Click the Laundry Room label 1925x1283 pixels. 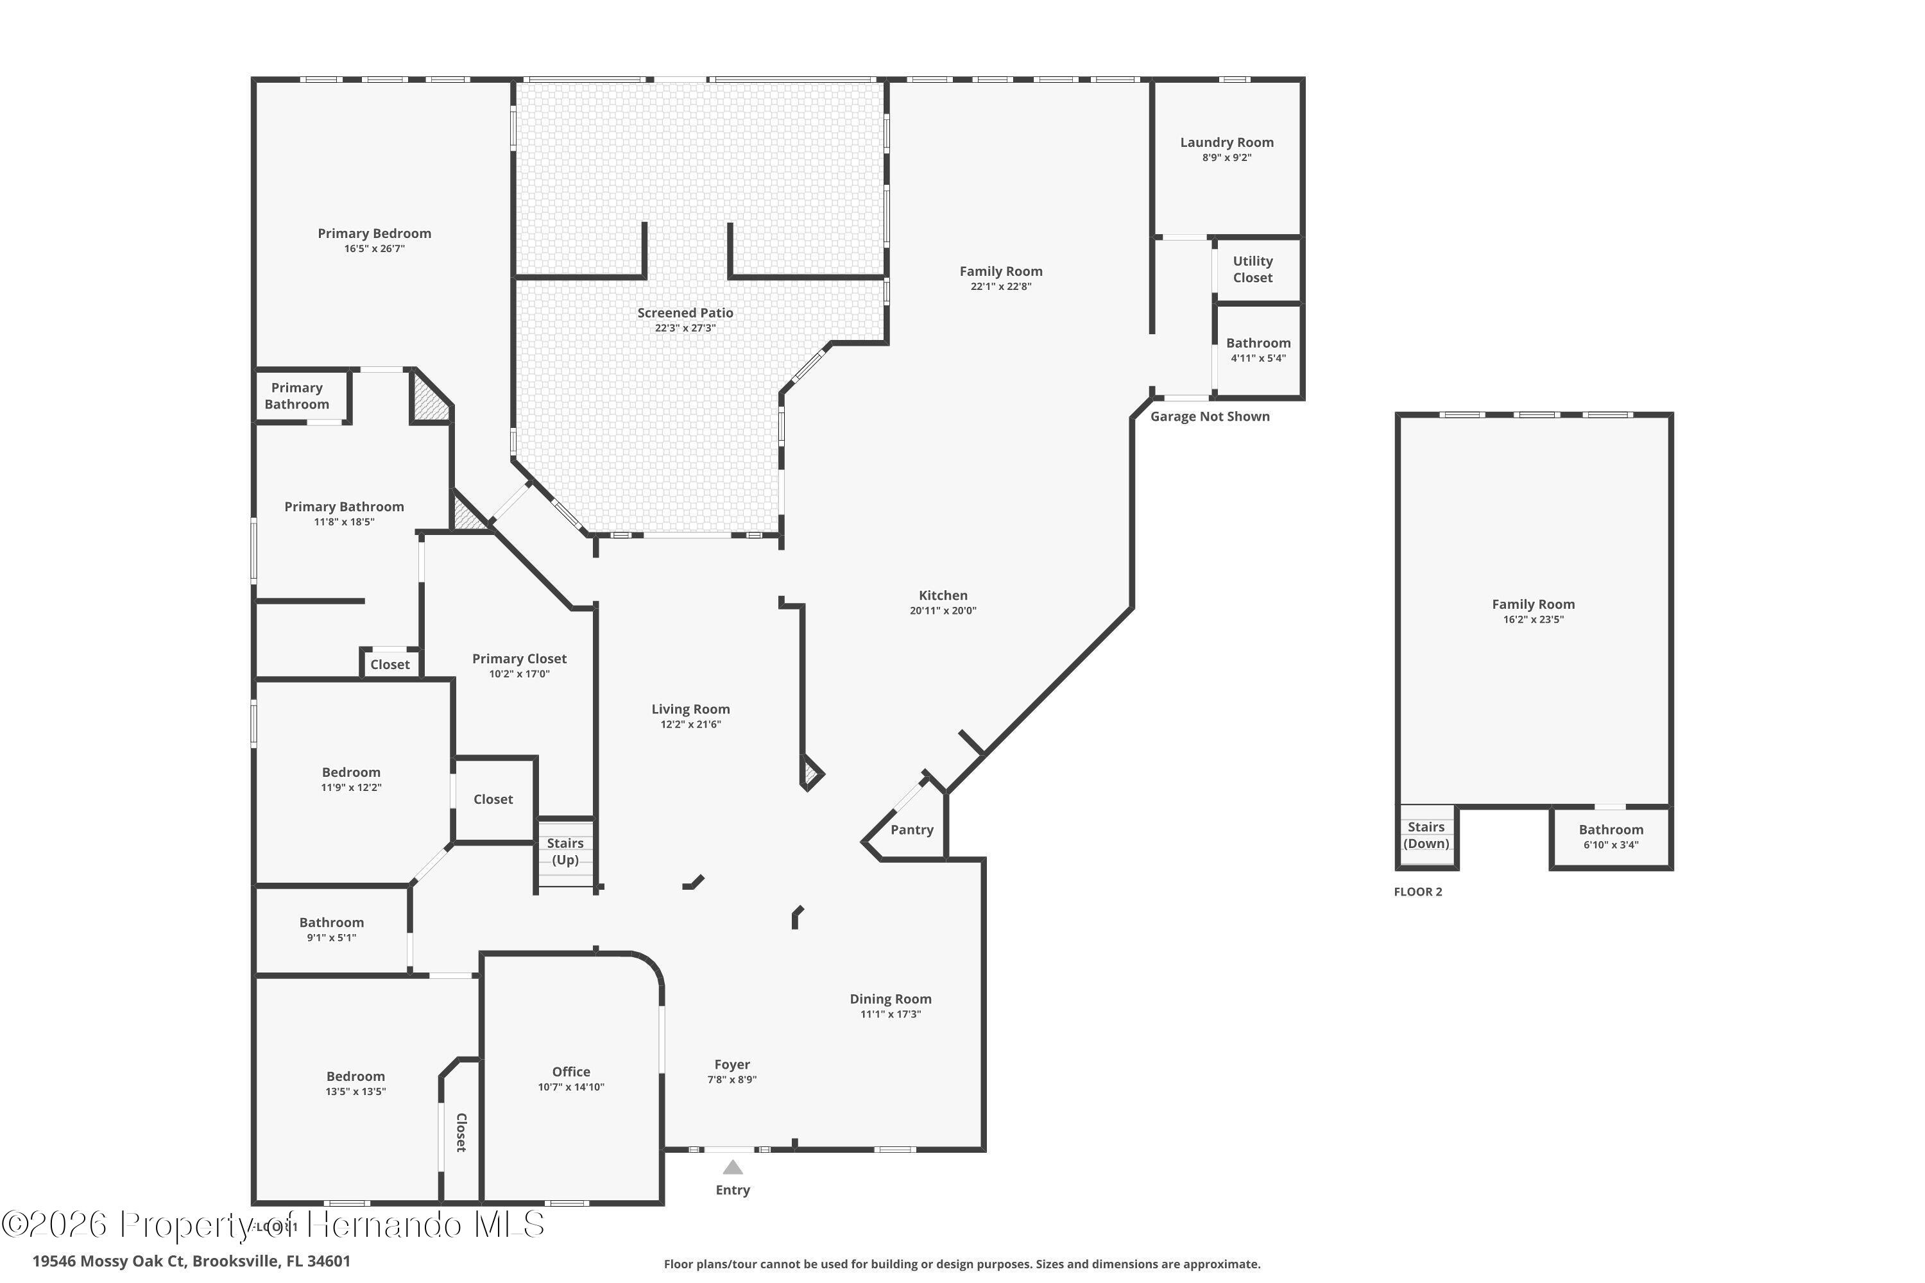[x=1226, y=142]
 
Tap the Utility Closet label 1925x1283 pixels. [x=1253, y=269]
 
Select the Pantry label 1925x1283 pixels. [x=912, y=829]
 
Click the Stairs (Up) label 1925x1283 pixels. [x=565, y=851]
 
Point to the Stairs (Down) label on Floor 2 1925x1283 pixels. [x=1426, y=835]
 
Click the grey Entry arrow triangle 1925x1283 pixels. [x=733, y=1168]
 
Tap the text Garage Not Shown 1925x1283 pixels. [x=1210, y=416]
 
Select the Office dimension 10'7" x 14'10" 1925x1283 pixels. [x=570, y=1087]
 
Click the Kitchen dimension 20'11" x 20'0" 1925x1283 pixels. [x=943, y=611]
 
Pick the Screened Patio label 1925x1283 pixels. [x=685, y=312]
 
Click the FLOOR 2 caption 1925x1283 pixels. [x=1417, y=892]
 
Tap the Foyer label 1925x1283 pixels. [x=732, y=1064]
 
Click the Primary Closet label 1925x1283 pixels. [x=519, y=659]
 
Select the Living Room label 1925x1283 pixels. [x=690, y=709]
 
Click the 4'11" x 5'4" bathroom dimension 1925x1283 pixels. [x=1258, y=357]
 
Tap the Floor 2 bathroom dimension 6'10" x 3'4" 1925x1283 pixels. [x=1611, y=844]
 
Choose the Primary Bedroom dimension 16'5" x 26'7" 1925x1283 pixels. [x=374, y=249]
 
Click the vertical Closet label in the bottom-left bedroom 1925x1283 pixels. [x=461, y=1132]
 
